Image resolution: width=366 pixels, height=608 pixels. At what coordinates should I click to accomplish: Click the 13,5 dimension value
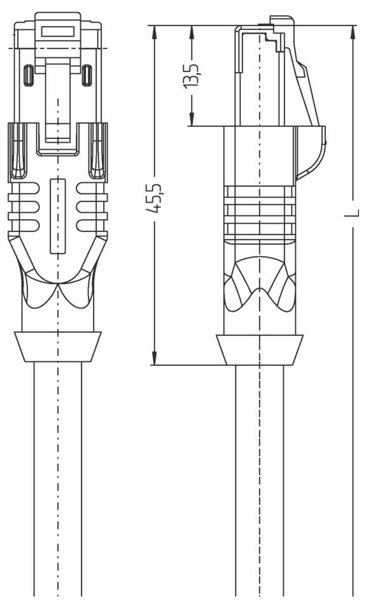coord(192,74)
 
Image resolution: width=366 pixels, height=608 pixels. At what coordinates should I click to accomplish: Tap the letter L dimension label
coord(352,213)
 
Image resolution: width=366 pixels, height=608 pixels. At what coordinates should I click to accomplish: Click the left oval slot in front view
coord(29,75)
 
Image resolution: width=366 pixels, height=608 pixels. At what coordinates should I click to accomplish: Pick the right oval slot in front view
coord(87,75)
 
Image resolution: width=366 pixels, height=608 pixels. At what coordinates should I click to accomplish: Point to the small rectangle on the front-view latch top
coord(58,31)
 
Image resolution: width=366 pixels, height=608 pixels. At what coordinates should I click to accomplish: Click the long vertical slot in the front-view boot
coord(58,216)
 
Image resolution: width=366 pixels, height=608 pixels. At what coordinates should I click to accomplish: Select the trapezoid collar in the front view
coord(58,347)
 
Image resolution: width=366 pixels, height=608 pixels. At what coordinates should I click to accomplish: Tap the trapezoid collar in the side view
coord(260,350)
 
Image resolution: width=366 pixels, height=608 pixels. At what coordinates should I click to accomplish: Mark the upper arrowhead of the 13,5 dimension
coord(192,32)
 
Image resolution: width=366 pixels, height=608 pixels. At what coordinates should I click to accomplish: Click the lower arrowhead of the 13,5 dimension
coord(192,119)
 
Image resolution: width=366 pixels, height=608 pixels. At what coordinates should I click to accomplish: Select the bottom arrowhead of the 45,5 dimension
coord(154,358)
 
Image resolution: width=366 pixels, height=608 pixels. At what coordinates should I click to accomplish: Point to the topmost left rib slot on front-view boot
coord(24,188)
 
